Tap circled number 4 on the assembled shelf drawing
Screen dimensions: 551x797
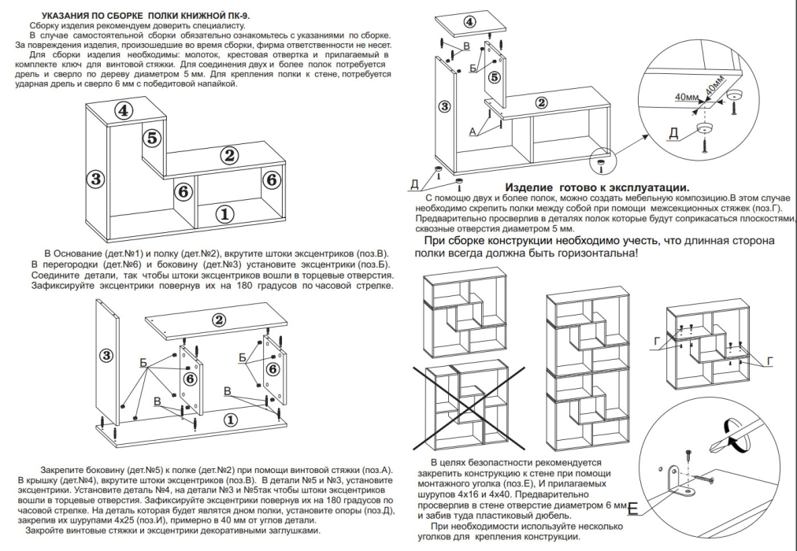pyautogui.click(x=123, y=110)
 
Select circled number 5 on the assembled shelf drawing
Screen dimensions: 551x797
pyautogui.click(x=153, y=137)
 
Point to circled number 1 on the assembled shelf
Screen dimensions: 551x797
pyautogui.click(x=225, y=213)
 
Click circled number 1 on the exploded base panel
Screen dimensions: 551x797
pyautogui.click(x=230, y=418)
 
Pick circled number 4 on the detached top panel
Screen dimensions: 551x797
pyautogui.click(x=469, y=21)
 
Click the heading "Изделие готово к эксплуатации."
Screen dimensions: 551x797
pyautogui.click(x=596, y=187)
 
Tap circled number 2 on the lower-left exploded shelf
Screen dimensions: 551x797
pyautogui.click(x=220, y=319)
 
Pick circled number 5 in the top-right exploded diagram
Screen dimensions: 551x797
pyautogui.click(x=494, y=77)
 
